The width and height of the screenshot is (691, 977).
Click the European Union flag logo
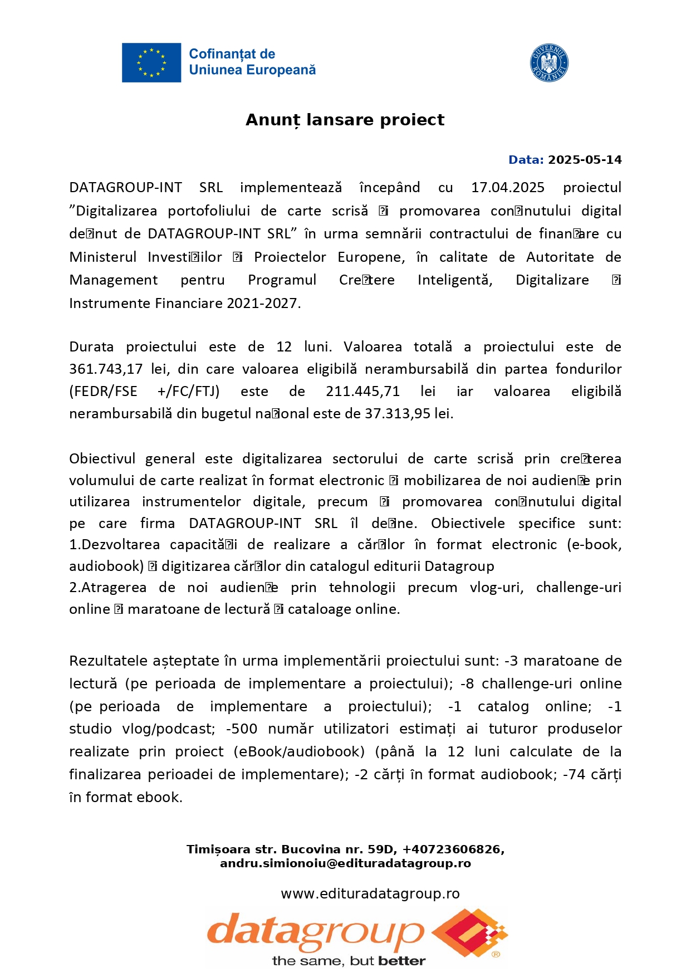pos(151,62)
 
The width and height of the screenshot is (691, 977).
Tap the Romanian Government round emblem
pos(549,63)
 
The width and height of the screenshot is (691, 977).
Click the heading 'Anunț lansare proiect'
pos(345,120)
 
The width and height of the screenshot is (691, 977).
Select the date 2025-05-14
pos(585,160)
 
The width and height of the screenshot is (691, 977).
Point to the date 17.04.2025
pos(508,188)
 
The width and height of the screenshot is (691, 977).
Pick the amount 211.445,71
pos(363,392)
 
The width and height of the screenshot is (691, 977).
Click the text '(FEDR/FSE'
pos(103,392)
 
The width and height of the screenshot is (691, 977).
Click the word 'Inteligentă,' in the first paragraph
pos(455,280)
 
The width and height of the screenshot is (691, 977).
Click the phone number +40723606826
pos(453,849)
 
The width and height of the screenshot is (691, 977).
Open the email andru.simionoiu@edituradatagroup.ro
pos(345,863)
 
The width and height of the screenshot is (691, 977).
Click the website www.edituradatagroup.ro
pos(370,894)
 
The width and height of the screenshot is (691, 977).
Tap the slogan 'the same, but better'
pos(349,961)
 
